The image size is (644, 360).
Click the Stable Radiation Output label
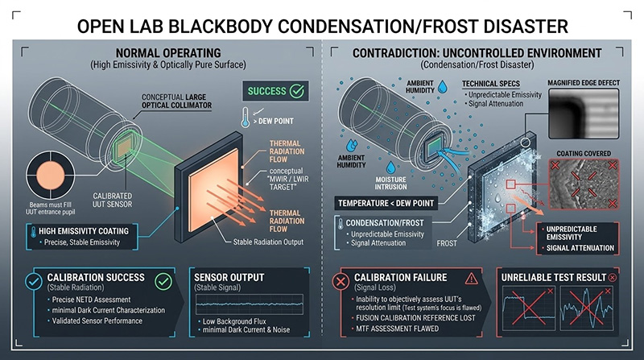258,242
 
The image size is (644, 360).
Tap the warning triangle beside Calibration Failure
469,279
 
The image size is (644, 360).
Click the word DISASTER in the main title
525,25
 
